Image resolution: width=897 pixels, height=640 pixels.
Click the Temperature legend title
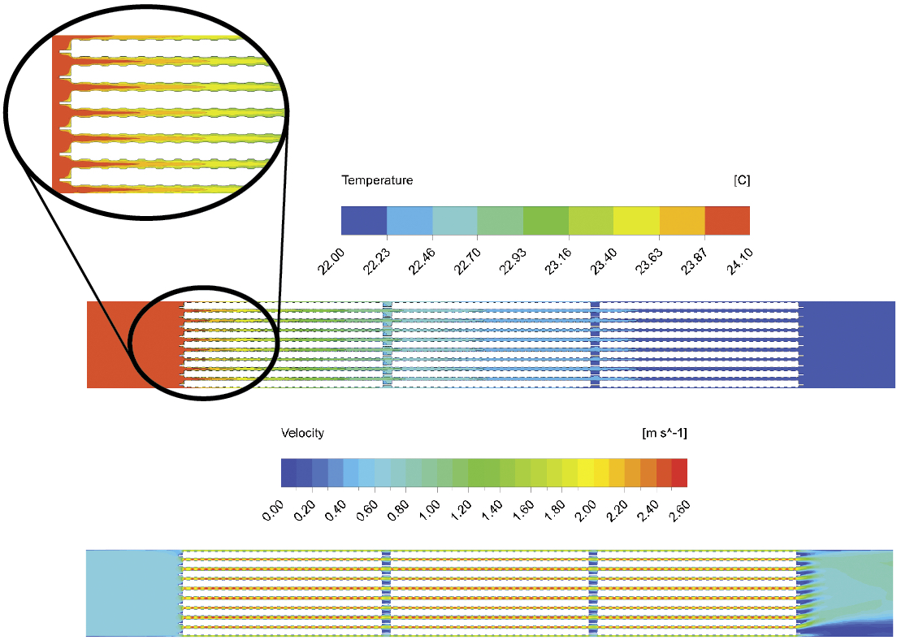(377, 180)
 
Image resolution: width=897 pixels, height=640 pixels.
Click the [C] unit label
(741, 180)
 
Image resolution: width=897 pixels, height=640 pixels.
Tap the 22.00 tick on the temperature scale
(330, 262)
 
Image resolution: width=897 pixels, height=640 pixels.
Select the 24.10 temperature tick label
(739, 262)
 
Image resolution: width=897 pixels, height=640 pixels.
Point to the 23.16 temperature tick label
(557, 262)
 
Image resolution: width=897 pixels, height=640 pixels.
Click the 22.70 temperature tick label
(466, 262)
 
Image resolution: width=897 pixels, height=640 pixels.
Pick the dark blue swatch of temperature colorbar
(364, 221)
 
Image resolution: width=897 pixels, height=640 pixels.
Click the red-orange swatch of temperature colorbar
(727, 221)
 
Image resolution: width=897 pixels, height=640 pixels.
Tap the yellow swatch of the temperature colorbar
(636, 221)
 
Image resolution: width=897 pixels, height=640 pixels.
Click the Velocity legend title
(302, 433)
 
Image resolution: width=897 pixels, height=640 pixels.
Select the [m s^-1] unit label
(665, 433)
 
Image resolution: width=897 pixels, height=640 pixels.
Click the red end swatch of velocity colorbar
(679, 473)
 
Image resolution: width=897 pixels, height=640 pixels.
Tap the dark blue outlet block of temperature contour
(849, 345)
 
